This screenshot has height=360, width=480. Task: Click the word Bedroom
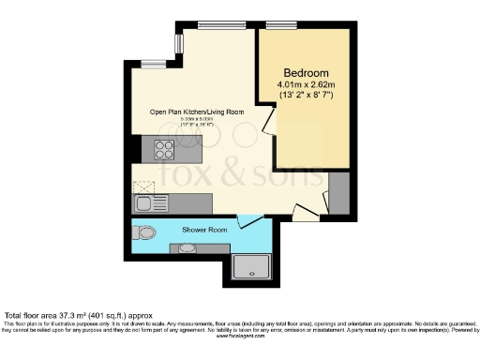tap(306, 73)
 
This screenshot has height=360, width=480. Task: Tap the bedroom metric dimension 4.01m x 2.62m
tap(306, 85)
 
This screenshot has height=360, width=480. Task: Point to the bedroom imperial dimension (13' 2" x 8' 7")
tap(306, 97)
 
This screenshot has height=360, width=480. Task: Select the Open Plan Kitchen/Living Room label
tap(197, 112)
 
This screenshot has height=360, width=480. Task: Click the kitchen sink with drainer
tap(147, 202)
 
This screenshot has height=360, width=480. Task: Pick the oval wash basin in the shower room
tap(187, 248)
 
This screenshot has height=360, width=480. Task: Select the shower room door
tap(248, 221)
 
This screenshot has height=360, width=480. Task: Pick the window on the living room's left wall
tap(152, 65)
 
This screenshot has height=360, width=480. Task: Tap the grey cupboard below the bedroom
tap(340, 193)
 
